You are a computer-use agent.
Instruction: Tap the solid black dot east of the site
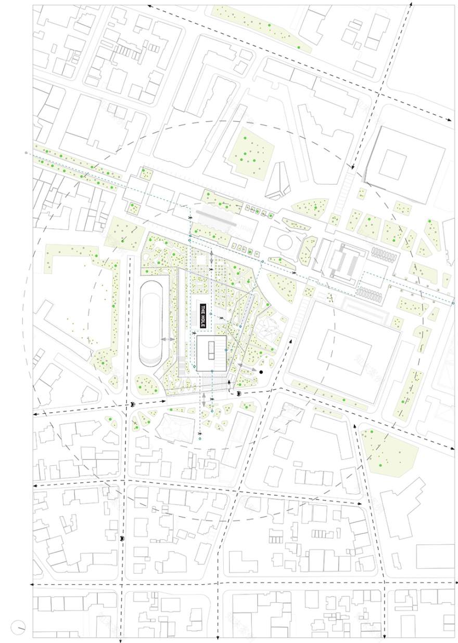pos(261,372)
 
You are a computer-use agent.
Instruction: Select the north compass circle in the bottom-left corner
pos(19,627)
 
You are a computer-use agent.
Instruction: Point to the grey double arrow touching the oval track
pos(168,339)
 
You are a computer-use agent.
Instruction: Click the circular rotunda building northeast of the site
pos(284,241)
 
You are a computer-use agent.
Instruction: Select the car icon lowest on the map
pos(122,539)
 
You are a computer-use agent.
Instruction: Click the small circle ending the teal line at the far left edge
pos(26,153)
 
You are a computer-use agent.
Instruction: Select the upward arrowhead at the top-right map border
pos(411,4)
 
